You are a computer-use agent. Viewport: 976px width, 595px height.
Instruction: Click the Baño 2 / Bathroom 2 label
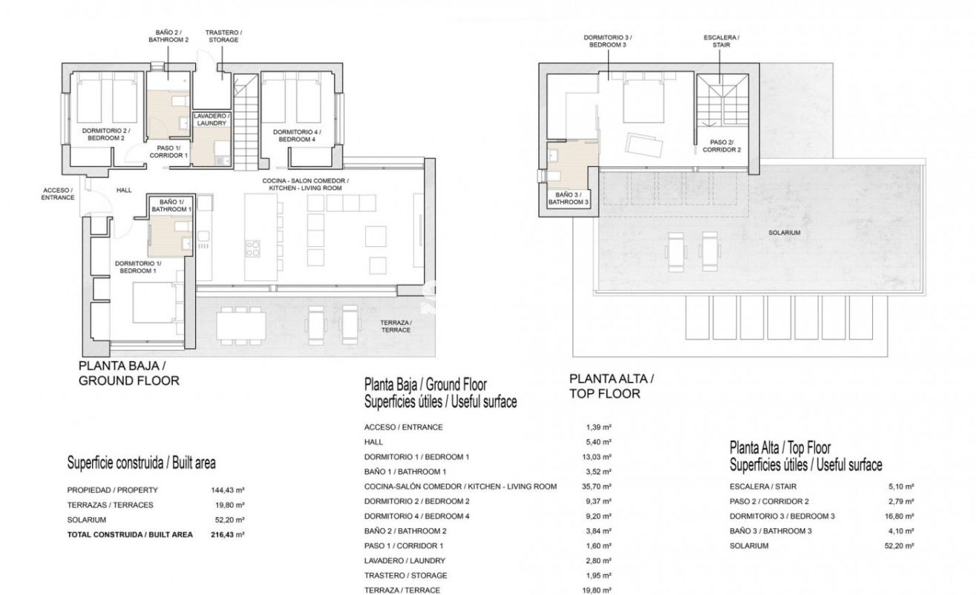click(168, 36)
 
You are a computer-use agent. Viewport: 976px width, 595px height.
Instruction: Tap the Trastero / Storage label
click(223, 36)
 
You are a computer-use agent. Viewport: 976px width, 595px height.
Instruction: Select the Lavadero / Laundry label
click(212, 119)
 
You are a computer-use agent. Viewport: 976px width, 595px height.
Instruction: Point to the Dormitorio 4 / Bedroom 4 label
click(297, 136)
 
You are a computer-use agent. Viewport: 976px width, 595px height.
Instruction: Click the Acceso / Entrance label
click(58, 194)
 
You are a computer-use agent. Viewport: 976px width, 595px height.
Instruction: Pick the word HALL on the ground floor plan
click(124, 190)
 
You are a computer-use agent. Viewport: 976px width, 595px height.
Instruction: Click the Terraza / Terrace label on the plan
click(396, 326)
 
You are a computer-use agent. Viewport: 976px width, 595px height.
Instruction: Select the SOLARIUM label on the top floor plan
click(785, 233)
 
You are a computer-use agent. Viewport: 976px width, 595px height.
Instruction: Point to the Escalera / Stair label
click(721, 42)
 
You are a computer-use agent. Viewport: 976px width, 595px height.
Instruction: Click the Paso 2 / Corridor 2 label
click(721, 146)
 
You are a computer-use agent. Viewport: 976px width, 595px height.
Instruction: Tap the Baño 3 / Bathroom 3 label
click(569, 198)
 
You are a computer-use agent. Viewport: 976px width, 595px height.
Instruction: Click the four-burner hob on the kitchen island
click(252, 249)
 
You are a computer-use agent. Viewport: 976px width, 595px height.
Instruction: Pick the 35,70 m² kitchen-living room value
click(597, 487)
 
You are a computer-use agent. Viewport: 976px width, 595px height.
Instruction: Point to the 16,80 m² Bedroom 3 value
click(900, 516)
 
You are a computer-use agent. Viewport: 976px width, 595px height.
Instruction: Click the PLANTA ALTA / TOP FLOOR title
click(612, 386)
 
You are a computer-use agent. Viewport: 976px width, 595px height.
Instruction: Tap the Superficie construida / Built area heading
click(141, 463)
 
